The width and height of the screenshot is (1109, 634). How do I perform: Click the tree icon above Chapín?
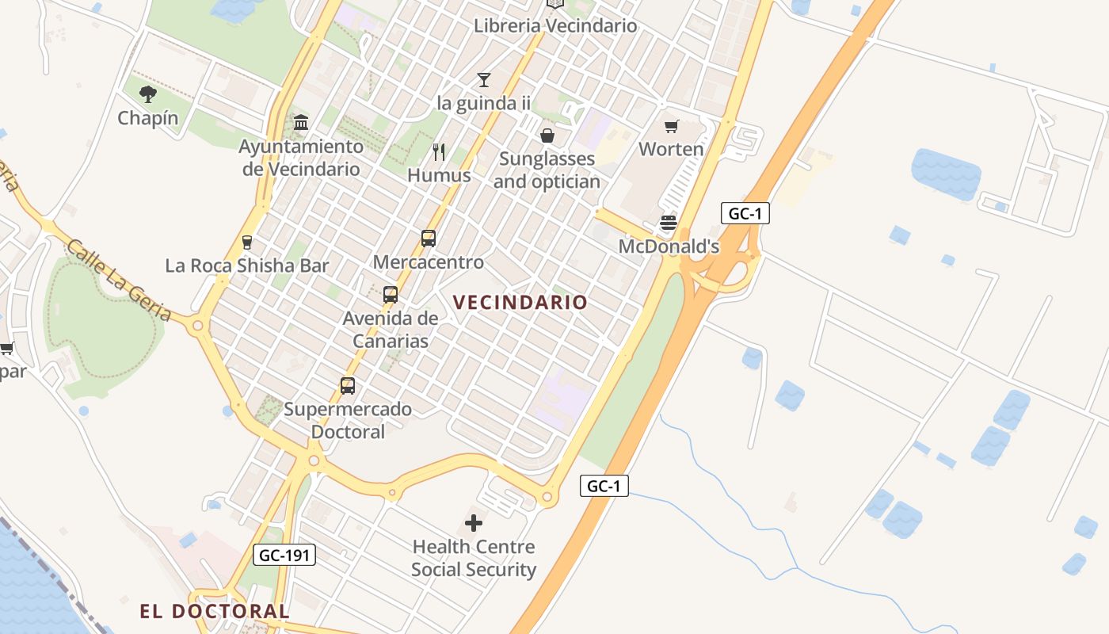pyautogui.click(x=147, y=95)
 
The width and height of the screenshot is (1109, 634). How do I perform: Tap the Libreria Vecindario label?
pyautogui.click(x=554, y=25)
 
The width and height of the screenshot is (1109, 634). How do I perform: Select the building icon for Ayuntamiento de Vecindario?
pyautogui.click(x=301, y=123)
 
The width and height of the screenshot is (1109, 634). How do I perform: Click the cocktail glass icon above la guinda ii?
pyautogui.click(x=484, y=79)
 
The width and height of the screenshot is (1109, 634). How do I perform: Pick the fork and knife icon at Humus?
pyautogui.click(x=439, y=151)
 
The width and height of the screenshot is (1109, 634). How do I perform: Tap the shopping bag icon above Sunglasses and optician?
pyautogui.click(x=547, y=136)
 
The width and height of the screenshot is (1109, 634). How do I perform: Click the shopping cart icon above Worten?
pyautogui.click(x=672, y=126)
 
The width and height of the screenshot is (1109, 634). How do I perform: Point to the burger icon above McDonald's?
pyautogui.click(x=669, y=223)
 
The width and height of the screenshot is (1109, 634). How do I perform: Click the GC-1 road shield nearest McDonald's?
pyautogui.click(x=745, y=213)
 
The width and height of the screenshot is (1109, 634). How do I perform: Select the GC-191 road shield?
pyautogui.click(x=284, y=555)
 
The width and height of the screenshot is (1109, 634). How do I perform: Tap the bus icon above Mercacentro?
pyautogui.click(x=429, y=238)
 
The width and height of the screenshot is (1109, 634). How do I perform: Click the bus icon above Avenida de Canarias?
pyautogui.click(x=391, y=295)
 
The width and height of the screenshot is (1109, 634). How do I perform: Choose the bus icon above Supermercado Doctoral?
pyautogui.click(x=348, y=386)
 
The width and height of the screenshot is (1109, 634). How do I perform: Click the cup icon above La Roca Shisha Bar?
pyautogui.click(x=247, y=242)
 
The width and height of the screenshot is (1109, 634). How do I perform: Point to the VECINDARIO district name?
pyautogui.click(x=520, y=302)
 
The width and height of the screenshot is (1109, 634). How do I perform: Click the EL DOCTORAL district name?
pyautogui.click(x=215, y=611)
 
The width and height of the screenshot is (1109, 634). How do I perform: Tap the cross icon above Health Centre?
pyautogui.click(x=474, y=523)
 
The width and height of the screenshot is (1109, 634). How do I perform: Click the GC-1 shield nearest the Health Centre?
pyautogui.click(x=604, y=486)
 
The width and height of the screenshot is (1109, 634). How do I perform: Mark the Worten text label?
pyautogui.click(x=671, y=149)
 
